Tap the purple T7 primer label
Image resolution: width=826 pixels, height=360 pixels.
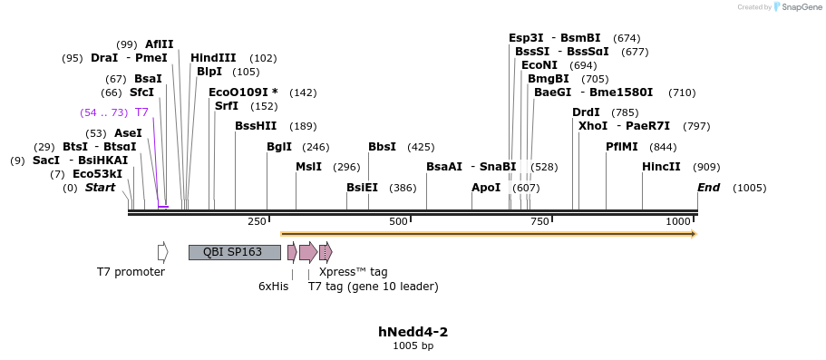141,112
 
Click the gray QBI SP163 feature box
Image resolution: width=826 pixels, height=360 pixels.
234,252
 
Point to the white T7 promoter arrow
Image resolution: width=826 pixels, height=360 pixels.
163,252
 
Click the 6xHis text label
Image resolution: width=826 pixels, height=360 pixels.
273,287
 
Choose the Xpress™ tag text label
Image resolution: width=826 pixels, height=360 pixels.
354,272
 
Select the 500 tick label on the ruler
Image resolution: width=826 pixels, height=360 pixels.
398,222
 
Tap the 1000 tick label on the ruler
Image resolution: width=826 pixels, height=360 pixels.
678,222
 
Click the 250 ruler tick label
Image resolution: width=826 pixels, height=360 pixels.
257,222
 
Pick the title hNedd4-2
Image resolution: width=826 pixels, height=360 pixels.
413,332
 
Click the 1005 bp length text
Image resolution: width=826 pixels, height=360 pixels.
413,345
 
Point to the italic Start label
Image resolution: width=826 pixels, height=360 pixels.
101,188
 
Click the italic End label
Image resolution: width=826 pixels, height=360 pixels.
708,188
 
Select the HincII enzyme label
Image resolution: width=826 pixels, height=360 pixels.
661,167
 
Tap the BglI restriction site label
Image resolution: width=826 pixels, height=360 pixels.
279,147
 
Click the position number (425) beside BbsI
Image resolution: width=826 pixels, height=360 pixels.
421,147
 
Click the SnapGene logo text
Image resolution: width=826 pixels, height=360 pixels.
797,7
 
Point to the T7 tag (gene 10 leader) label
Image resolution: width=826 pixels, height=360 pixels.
373,287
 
